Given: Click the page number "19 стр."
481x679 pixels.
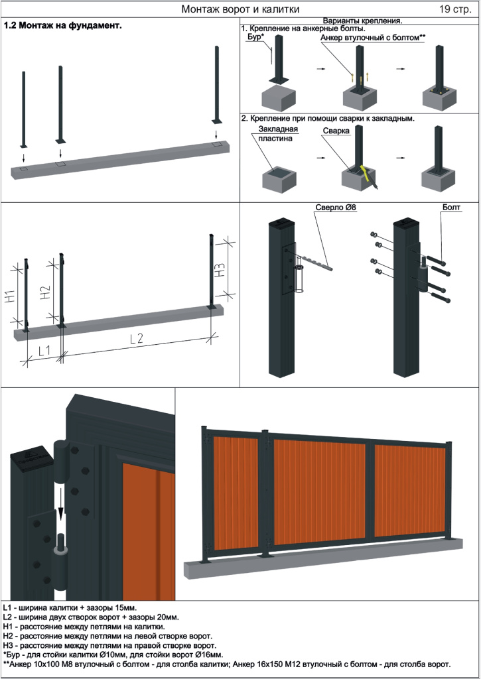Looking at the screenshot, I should [454, 9].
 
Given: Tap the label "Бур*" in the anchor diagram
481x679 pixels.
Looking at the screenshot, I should [256, 38].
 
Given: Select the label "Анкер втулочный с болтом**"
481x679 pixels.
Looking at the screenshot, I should [372, 38].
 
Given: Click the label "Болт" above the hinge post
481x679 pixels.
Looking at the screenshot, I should [451, 208].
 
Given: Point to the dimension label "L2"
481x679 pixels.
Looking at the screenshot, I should [137, 339].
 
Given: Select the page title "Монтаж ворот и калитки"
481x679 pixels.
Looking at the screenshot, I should [240, 9].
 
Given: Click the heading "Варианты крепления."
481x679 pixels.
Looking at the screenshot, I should [362, 21].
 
